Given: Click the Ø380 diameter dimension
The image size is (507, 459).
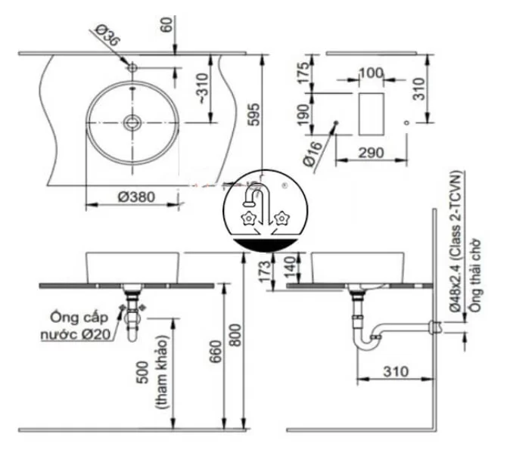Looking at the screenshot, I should pos(136,196).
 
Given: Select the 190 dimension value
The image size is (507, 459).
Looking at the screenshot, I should pos(303,115).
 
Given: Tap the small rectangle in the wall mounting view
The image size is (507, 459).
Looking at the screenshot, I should pos(370,112).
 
